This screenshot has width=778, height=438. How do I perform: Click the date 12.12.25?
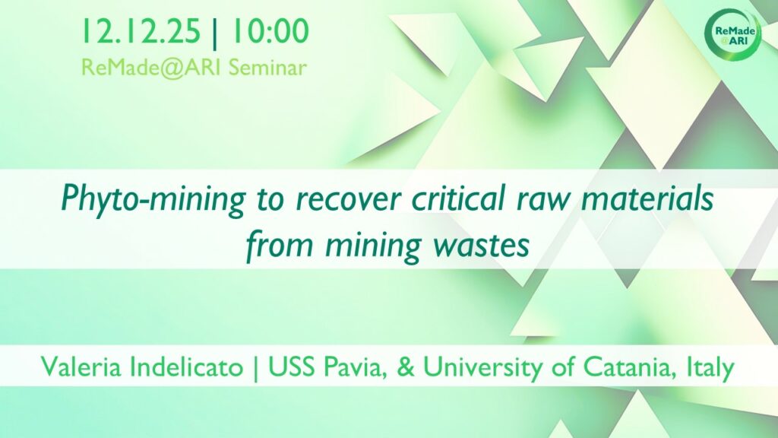point(141,30)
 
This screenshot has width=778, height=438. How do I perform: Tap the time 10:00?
point(270,30)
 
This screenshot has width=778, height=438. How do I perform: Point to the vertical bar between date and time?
point(215,32)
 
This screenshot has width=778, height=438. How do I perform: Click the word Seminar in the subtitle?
point(267,68)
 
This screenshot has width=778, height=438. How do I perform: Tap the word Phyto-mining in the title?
point(153,199)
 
